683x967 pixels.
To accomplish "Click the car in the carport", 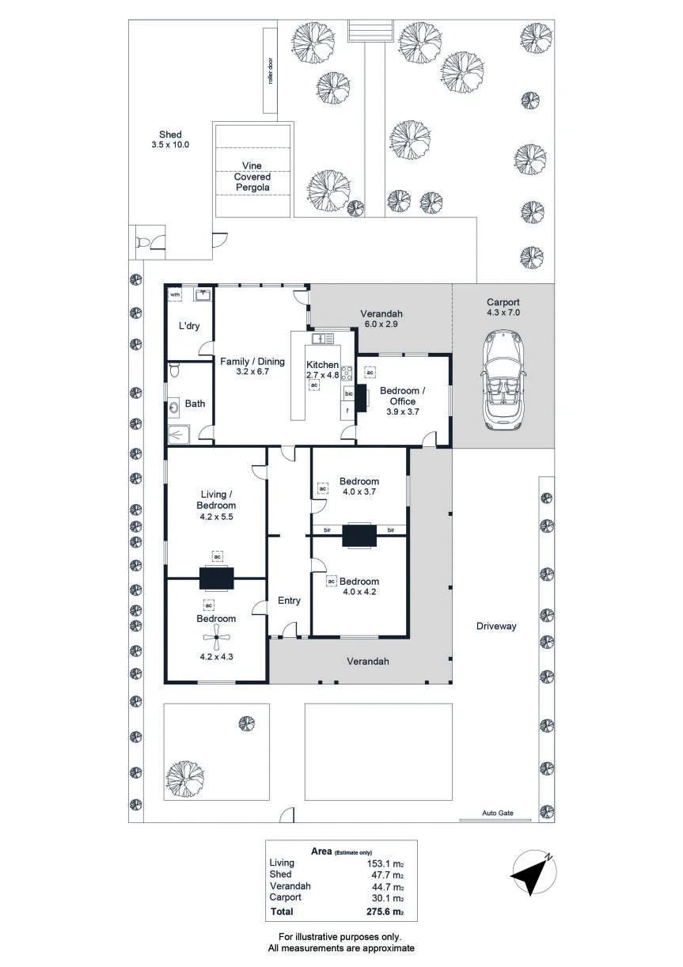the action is coord(503,381).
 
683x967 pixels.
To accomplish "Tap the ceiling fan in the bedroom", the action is coord(216,638).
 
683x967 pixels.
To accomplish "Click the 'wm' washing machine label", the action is coord(174,294).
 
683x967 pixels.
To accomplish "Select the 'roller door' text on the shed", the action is coord(271,70).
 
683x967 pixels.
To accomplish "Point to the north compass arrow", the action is coord(533,873).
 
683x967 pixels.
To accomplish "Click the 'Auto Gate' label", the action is coord(498,813).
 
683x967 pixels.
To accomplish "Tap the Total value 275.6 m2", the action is coord(385,912).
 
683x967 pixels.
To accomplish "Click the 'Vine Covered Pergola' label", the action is coord(252,176).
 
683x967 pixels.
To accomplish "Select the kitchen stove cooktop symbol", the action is coord(347,372).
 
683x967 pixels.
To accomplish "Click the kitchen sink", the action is coord(323,338).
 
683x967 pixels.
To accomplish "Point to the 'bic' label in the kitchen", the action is coord(349,394).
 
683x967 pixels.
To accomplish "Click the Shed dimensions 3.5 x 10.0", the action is coord(170,145).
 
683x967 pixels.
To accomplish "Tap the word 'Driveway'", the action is coord(496,626).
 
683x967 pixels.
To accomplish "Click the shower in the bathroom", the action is coord(179,434).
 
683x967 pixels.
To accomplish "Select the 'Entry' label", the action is coord(289,601).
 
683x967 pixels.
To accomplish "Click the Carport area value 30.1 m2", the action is coord(387,898).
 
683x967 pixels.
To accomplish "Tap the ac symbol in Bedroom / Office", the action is coord(370,372).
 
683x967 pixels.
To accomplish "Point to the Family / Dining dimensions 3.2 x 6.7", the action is coord(252,371).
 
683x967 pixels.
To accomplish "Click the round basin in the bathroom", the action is coord(174,407).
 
